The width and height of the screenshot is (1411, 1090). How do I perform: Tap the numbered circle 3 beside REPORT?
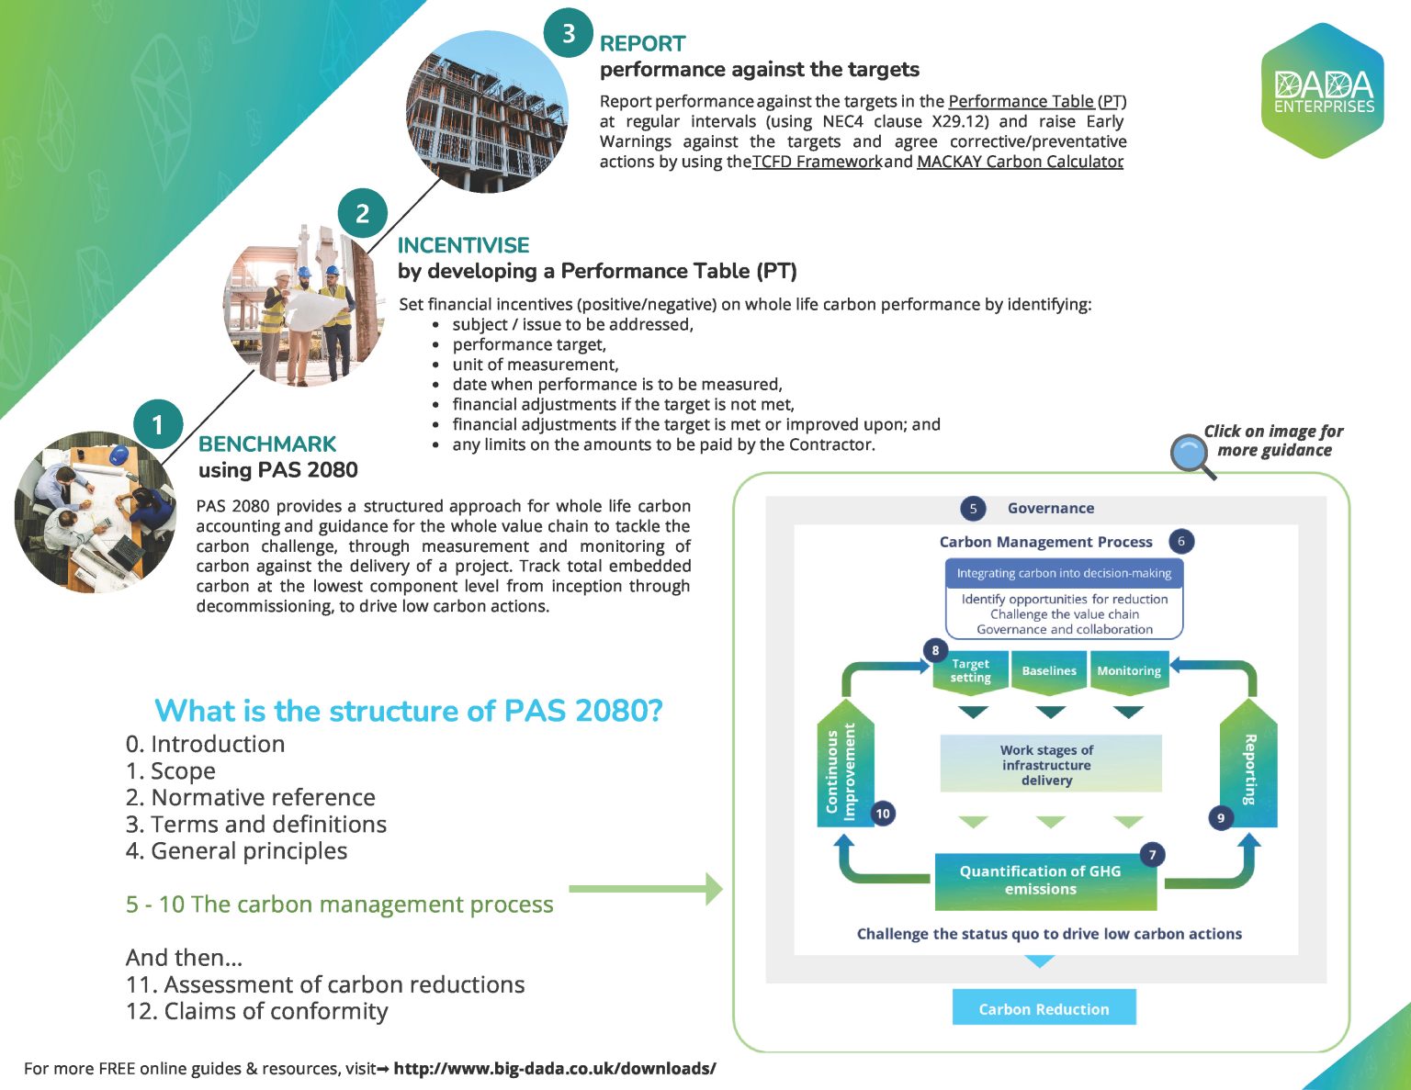tap(569, 34)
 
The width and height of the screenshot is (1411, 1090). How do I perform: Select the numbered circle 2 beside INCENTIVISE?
tap(362, 214)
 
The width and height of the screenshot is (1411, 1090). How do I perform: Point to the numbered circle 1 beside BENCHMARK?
tap(157, 424)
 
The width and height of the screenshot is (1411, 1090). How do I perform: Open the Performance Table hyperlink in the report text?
tap(1021, 102)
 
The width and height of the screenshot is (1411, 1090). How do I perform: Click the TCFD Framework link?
tap(817, 163)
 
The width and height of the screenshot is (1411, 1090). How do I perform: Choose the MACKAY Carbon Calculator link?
tap(1020, 163)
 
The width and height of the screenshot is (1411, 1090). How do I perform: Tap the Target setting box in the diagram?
tap(970, 670)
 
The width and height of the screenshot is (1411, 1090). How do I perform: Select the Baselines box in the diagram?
tap(1049, 670)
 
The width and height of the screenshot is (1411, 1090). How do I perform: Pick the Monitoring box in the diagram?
tap(1128, 670)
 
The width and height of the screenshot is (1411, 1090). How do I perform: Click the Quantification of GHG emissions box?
tap(1040, 881)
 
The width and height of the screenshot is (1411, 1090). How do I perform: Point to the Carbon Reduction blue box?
tap(1044, 1008)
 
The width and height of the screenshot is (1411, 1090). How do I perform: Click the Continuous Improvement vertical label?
tap(842, 771)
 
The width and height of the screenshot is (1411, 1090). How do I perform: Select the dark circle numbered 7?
tap(1152, 855)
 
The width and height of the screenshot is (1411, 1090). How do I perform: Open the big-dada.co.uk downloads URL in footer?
tap(554, 1069)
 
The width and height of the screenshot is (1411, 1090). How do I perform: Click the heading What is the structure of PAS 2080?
tap(408, 711)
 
